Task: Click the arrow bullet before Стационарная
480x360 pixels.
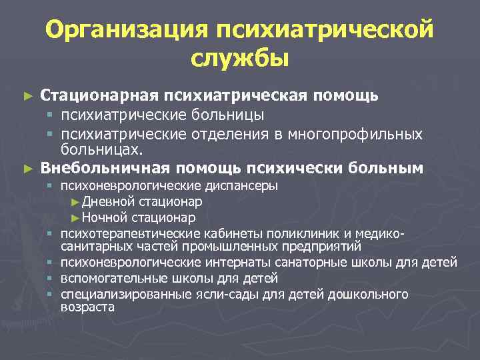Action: point(27,96)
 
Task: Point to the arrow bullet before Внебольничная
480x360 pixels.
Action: point(27,168)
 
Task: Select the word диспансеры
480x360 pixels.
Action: point(243,185)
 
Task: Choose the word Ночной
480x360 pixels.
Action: point(105,217)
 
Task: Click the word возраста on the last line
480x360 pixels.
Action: point(87,307)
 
